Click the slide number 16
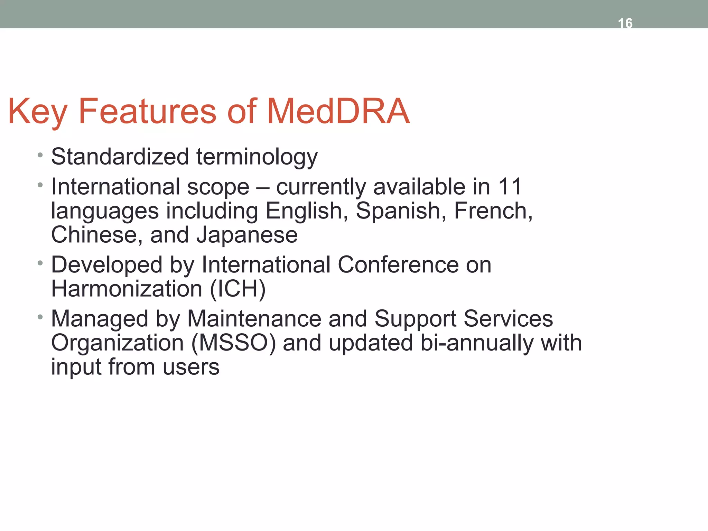(x=625, y=23)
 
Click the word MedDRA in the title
(x=338, y=111)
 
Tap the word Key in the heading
(x=37, y=111)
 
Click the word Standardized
(x=120, y=157)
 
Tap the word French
(x=493, y=211)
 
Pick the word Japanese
(x=247, y=235)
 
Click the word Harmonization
(x=127, y=289)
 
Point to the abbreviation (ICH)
(x=238, y=289)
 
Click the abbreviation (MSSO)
(x=233, y=343)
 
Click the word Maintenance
(x=254, y=319)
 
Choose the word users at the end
(x=191, y=367)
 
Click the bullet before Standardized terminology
(x=40, y=155)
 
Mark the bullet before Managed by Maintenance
(x=40, y=317)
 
